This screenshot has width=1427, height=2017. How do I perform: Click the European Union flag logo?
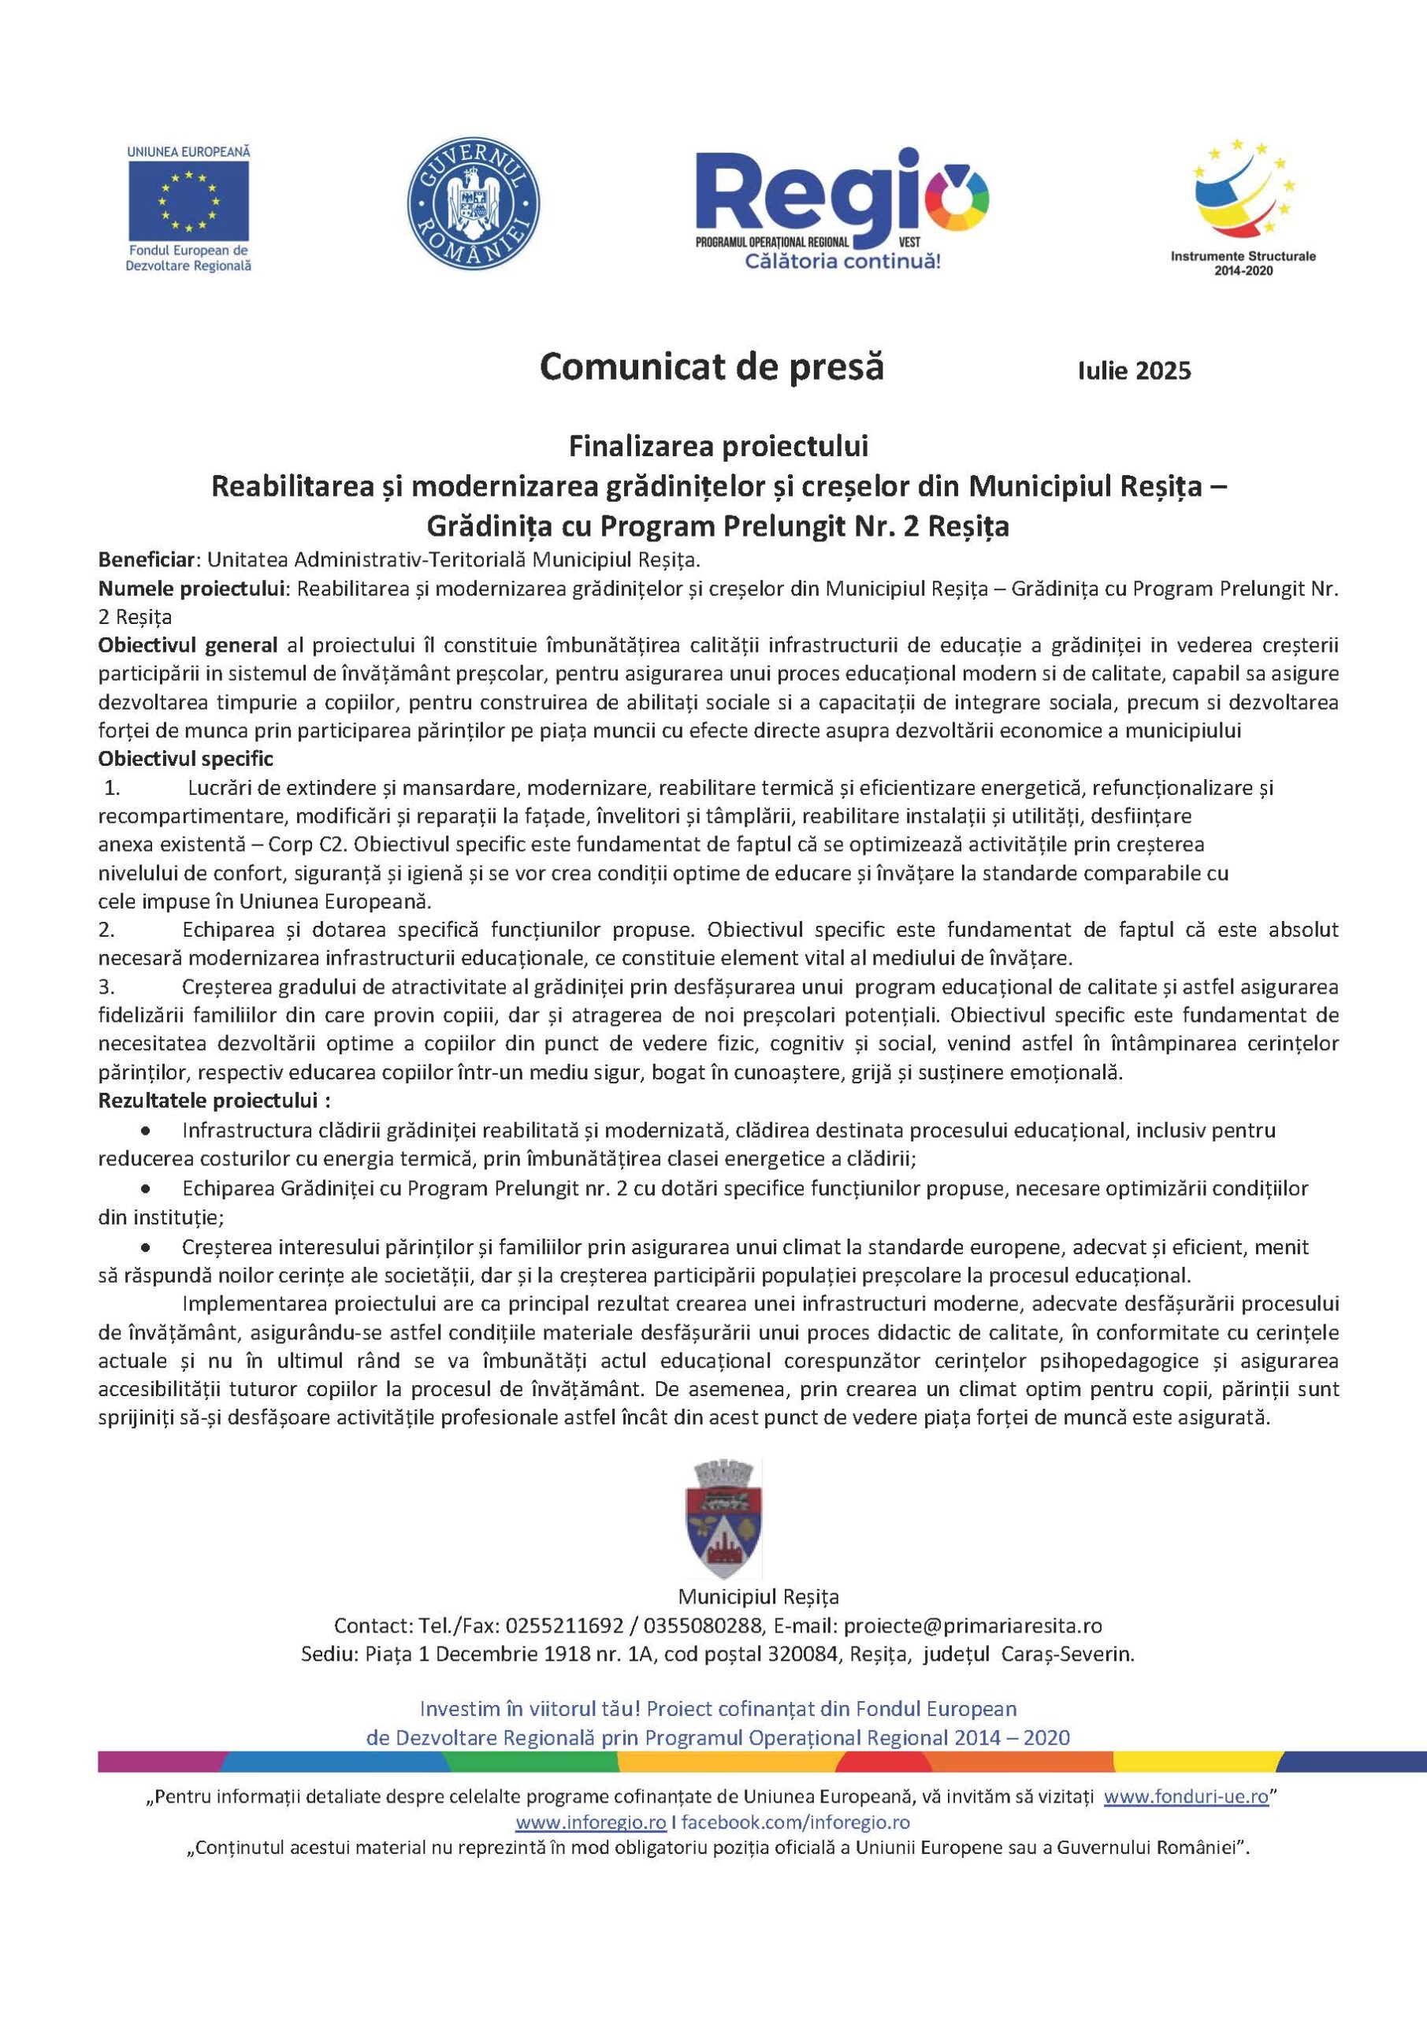point(188,201)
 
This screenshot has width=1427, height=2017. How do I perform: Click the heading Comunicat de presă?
point(712,366)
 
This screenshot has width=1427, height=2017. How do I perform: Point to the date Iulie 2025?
point(1135,371)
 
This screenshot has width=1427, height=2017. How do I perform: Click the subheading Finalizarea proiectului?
point(718,448)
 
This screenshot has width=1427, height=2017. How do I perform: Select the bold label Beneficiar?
point(150,559)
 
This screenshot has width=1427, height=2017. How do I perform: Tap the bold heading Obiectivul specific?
point(185,758)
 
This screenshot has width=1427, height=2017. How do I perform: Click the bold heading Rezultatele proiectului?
point(214,1101)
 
